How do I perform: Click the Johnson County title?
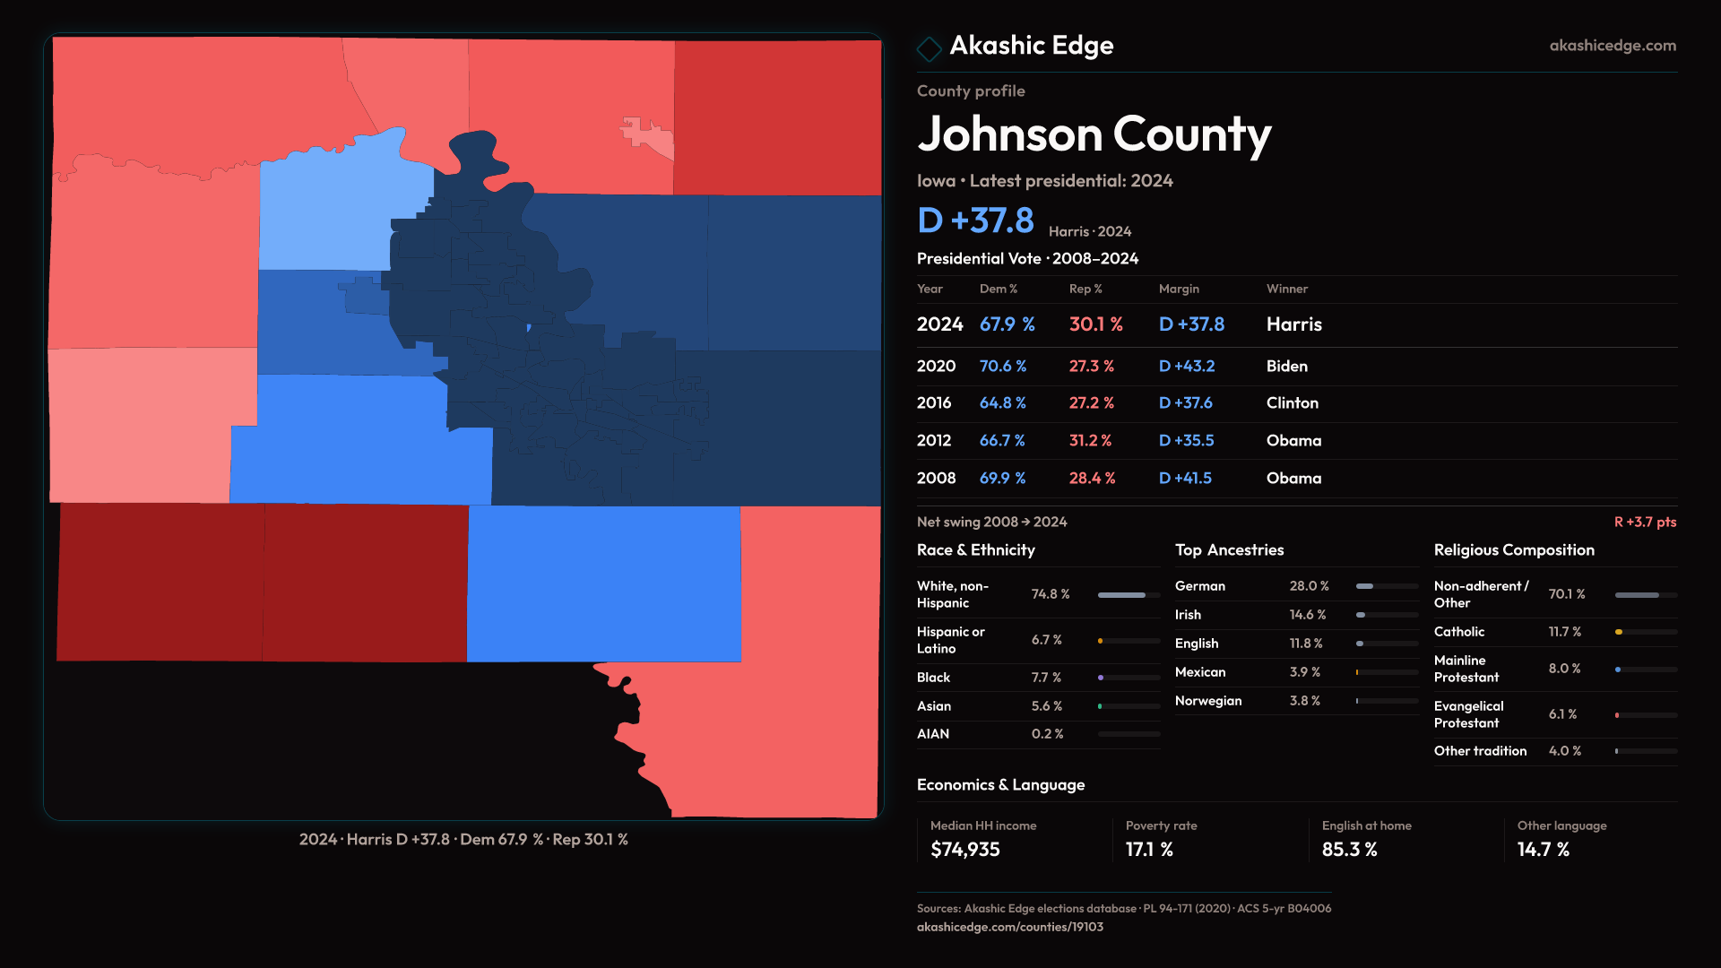coord(1094,134)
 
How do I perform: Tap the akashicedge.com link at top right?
coord(1613,46)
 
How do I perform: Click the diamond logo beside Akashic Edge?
coord(929,48)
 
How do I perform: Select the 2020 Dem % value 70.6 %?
coord(1002,366)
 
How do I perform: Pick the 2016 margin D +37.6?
coord(1185,403)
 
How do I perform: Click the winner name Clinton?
coord(1292,403)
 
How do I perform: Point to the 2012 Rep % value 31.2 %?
coord(1090,441)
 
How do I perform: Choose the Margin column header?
coord(1179,289)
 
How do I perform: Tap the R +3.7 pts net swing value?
coord(1645,522)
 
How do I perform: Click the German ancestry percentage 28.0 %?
coord(1309,586)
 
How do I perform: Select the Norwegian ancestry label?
coord(1208,701)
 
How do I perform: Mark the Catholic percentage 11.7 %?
coord(1564,632)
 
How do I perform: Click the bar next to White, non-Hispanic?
coord(1129,594)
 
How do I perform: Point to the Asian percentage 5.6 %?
coord(1046,706)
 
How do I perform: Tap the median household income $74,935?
coord(964,850)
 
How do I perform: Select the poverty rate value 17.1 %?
coord(1149,850)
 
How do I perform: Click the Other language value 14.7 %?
coord(1543,850)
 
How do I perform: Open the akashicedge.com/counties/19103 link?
coord(1009,927)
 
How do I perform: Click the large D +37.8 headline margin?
coord(975,220)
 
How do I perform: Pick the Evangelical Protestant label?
coord(1468,714)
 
